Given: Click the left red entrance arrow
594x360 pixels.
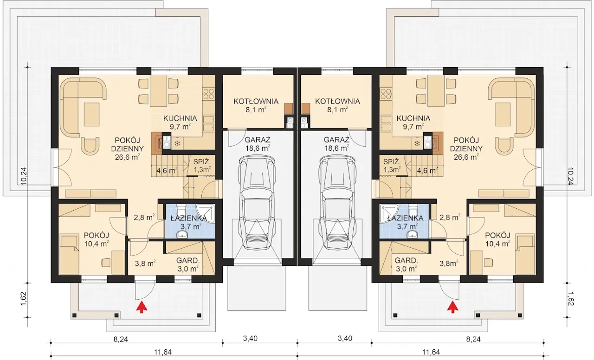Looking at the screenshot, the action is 142,307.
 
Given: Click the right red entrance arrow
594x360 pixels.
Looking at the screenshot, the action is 452,307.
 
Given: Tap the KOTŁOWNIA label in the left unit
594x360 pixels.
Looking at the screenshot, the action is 256,101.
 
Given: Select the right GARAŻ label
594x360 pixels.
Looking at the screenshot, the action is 336,140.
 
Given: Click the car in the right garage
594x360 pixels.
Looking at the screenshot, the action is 337,203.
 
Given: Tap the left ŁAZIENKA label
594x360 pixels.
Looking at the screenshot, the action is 189,218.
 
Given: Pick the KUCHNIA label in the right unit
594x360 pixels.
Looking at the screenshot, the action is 413,118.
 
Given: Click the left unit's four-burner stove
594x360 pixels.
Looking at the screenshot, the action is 208,94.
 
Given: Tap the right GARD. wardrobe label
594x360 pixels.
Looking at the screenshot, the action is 406,261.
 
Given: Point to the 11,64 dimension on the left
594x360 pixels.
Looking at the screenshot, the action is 163,352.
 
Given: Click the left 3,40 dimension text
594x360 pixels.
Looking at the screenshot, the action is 250,339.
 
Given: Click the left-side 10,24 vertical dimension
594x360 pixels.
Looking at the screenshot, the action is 24,176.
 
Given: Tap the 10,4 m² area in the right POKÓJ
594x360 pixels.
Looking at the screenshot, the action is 498,244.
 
